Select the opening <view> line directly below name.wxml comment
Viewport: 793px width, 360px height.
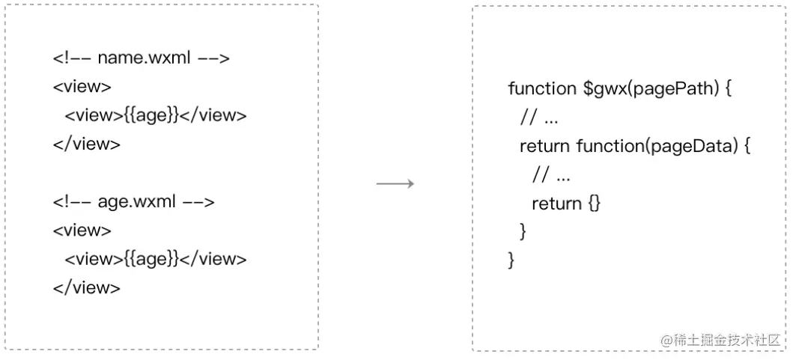point(82,87)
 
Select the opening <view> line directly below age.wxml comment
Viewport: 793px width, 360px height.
point(82,231)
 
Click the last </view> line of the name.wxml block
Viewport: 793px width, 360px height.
point(86,144)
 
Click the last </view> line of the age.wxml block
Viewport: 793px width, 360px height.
point(86,287)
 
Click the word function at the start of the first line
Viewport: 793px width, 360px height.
point(541,88)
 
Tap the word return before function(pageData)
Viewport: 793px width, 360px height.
point(545,146)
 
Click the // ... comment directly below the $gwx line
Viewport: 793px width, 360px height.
point(539,118)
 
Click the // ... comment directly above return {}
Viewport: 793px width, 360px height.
point(551,175)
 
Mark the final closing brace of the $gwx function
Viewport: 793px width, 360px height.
point(511,260)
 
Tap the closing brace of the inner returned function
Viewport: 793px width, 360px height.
point(523,232)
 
